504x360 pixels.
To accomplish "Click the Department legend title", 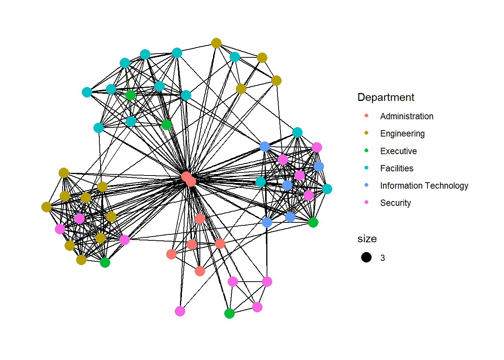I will [386, 97].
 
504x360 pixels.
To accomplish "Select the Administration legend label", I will [406, 116].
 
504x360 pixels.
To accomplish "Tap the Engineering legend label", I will [402, 133].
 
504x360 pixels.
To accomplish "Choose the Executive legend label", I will [398, 151].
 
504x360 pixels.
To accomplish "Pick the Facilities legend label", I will [397, 168].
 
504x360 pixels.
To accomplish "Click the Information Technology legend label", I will [424, 186].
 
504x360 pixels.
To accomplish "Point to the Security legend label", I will [395, 203].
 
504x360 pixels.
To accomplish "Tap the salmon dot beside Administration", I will [366, 116].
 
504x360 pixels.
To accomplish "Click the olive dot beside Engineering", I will [366, 133].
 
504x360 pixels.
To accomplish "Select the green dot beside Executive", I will [366, 151].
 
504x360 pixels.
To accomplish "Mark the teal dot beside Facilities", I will [366, 168].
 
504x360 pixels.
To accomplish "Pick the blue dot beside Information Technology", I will [366, 185].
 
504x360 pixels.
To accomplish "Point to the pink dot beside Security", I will [366, 202].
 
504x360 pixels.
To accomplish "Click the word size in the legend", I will [367, 239].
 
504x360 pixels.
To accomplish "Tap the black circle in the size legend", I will [366, 257].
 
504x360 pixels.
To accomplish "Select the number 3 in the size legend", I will [382, 258].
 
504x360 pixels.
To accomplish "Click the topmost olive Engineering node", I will [216, 43].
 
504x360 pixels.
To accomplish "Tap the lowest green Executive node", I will [229, 313].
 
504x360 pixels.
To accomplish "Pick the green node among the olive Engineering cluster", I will [105, 262].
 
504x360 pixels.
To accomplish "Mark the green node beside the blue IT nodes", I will [313, 222].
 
